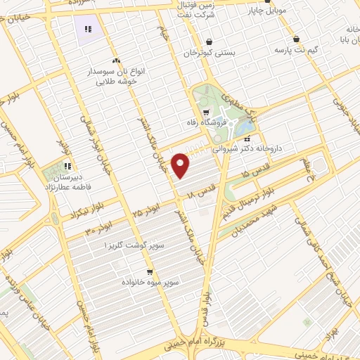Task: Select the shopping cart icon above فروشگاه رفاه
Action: click(x=205, y=111)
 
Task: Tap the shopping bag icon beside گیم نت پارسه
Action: click(x=295, y=39)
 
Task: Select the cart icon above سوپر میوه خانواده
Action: click(x=150, y=271)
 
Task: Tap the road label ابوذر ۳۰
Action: click(x=101, y=229)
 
